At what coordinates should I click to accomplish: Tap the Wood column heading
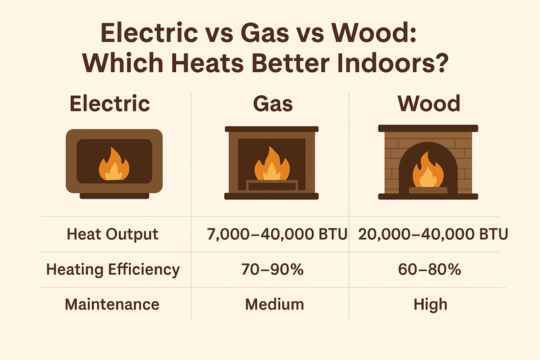pos(429,104)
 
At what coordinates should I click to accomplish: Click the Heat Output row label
pos(112,234)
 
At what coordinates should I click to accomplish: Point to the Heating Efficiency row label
pos(112,269)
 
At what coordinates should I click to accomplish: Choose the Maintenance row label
pos(112,304)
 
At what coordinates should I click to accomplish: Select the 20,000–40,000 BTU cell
pos(429,234)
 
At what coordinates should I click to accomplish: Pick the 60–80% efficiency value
pos(429,269)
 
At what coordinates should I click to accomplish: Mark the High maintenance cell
pos(429,304)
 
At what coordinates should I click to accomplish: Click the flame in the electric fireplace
pos(112,166)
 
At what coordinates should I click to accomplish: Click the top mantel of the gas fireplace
pos(270,128)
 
